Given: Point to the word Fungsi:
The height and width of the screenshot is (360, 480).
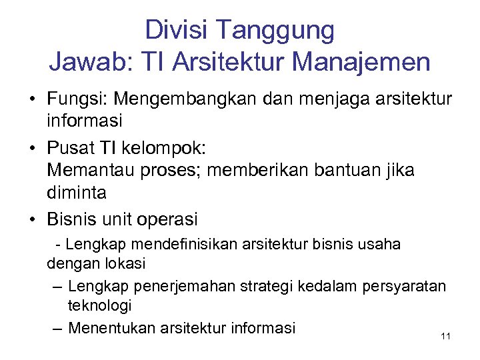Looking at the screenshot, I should click(x=77, y=99).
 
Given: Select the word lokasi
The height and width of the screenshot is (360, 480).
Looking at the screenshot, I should click(x=125, y=263).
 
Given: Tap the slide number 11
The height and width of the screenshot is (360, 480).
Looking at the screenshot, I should click(x=446, y=336).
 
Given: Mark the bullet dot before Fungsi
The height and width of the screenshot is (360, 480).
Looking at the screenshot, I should click(x=32, y=100).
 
